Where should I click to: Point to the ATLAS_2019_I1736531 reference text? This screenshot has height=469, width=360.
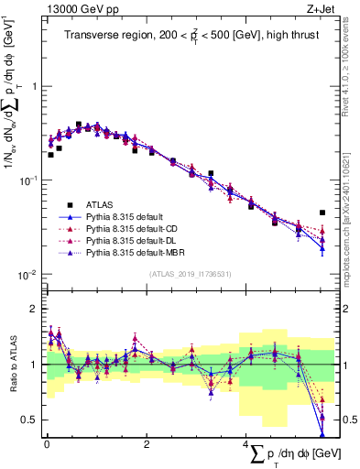click(x=184, y=274)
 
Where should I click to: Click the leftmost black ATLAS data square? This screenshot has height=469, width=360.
click(x=50, y=155)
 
